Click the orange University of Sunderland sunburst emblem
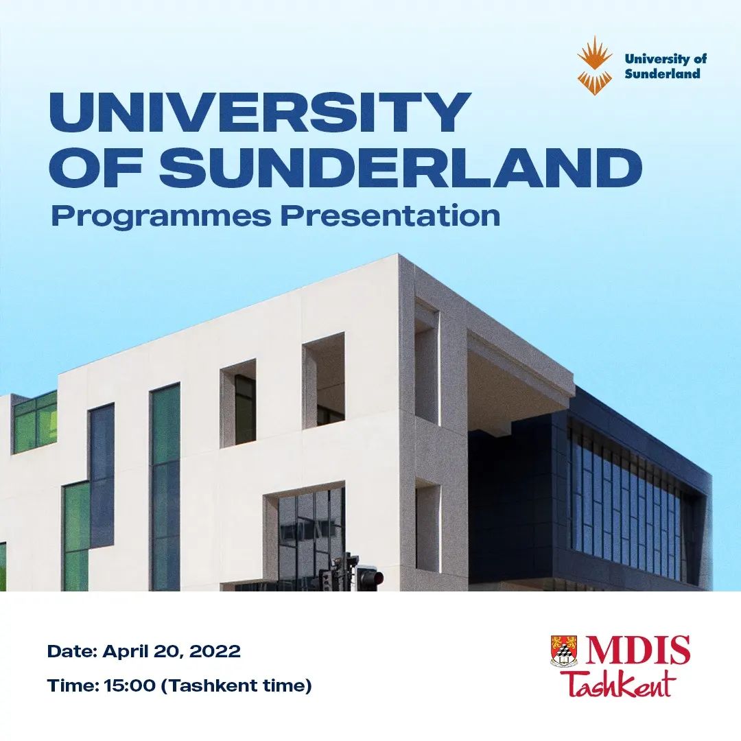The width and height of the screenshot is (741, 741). (x=594, y=66)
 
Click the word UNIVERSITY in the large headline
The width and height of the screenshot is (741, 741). (x=259, y=113)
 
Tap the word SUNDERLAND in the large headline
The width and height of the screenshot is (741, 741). (x=400, y=168)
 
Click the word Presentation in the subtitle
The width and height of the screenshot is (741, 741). (x=390, y=216)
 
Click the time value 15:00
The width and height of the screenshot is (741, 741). (x=130, y=685)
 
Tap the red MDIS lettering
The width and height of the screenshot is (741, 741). (x=637, y=650)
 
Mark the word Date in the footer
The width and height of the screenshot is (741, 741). (x=69, y=651)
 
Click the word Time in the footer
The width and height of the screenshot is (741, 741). (x=70, y=685)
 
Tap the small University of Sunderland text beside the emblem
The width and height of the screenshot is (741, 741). (x=666, y=66)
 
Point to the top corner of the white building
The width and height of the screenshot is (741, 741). (x=399, y=255)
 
